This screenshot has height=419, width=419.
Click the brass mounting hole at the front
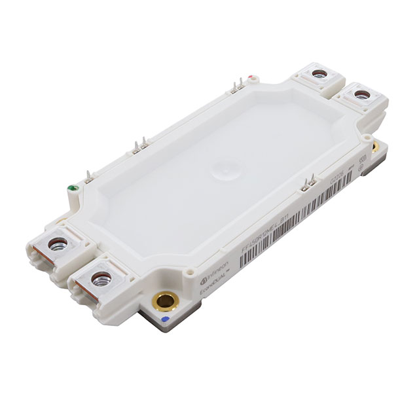tap(164, 302)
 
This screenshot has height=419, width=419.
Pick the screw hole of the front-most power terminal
tap(101, 280)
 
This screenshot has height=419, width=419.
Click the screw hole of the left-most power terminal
tap(58, 245)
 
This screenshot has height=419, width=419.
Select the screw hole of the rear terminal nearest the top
tap(319, 74)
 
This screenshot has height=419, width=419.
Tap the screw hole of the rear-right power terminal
tap(361, 96)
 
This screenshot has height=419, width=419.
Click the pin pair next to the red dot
tap(239, 84)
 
